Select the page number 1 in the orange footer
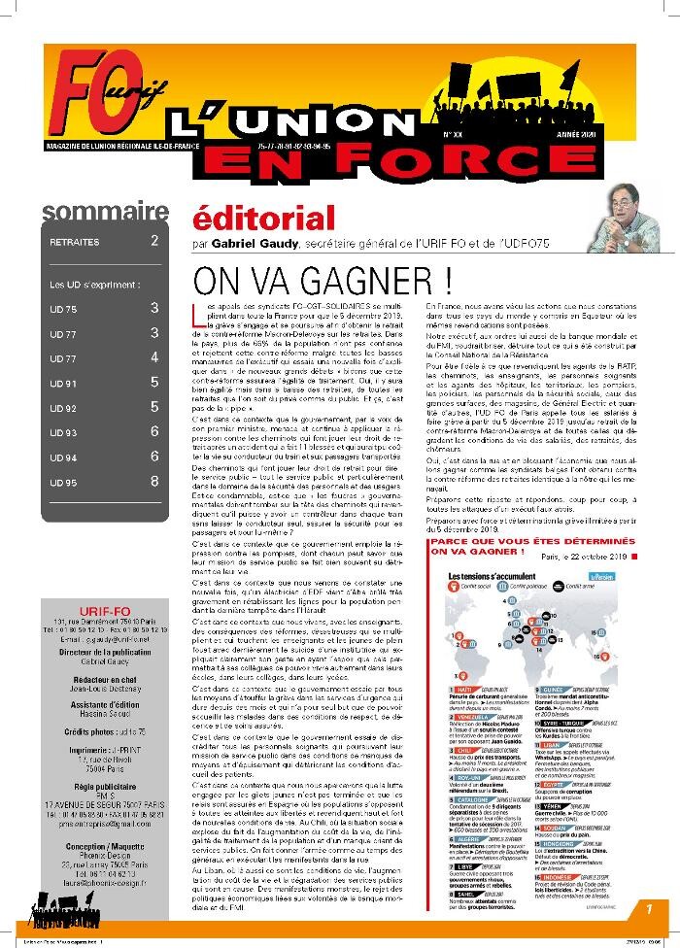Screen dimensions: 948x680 (x=647, y=908)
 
